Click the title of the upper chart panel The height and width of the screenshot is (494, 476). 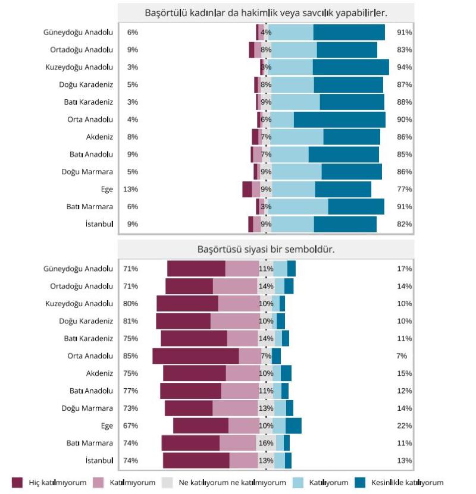pyautogui.click(x=265, y=12)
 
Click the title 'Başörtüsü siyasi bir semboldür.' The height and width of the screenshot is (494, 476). pyautogui.click(x=265, y=249)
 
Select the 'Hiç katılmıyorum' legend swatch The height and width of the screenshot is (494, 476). pyautogui.click(x=17, y=482)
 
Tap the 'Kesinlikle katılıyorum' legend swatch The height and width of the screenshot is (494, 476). pyautogui.click(x=360, y=482)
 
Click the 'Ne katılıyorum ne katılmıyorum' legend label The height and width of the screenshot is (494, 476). pyautogui.click(x=232, y=483)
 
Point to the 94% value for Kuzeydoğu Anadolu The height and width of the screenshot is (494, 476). pyautogui.click(x=405, y=67)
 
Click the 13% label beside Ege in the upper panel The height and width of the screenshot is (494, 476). pyautogui.click(x=131, y=189)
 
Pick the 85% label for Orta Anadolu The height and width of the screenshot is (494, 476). pyautogui.click(x=131, y=356)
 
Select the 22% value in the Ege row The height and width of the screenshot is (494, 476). pyautogui.click(x=405, y=426)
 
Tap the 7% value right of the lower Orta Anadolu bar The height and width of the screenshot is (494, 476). pyautogui.click(x=402, y=356)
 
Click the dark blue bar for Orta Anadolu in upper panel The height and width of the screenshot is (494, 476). pyautogui.click(x=339, y=119)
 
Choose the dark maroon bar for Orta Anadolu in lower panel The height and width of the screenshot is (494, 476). pyautogui.click(x=196, y=356)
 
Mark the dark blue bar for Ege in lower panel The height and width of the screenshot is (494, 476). pyautogui.click(x=293, y=426)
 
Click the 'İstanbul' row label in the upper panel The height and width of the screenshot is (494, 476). pyautogui.click(x=99, y=224)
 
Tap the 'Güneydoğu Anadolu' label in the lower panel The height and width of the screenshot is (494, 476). pyautogui.click(x=78, y=269)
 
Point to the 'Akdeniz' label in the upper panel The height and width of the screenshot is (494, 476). pyautogui.click(x=99, y=137)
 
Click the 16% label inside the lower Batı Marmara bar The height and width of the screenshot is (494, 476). pyautogui.click(x=266, y=443)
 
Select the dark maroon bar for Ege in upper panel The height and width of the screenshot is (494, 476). pyautogui.click(x=247, y=189)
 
